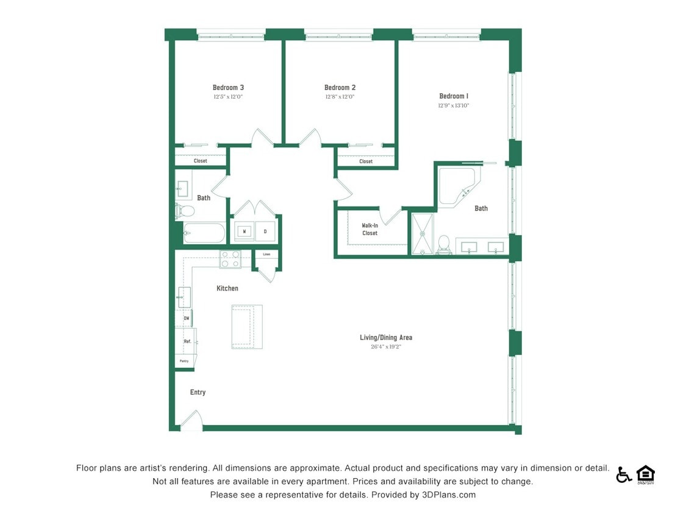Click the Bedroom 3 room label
click(228, 88)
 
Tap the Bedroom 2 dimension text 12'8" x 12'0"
click(340, 97)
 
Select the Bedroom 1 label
click(454, 96)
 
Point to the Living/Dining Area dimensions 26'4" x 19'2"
click(386, 347)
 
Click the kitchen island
click(247, 326)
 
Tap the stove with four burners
click(230, 259)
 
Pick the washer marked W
click(245, 231)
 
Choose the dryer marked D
click(265, 231)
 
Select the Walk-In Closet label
click(370, 230)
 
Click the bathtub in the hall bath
click(204, 233)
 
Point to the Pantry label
click(184, 361)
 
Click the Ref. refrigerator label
click(188, 342)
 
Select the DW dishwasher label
click(186, 319)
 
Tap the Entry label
click(198, 392)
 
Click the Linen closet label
click(266, 254)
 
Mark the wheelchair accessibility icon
click(624, 474)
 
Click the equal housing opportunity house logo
click(645, 474)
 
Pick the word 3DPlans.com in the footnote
click(448, 495)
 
